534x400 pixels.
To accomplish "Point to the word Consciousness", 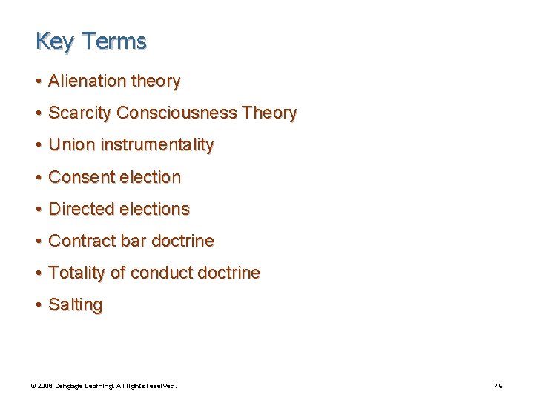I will pyautogui.click(x=177, y=113).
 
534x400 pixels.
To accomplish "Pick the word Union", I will pyautogui.click(x=71, y=145).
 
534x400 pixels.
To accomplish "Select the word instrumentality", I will pyautogui.click(x=157, y=145).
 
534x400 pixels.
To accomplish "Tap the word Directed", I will pyautogui.click(x=82, y=209).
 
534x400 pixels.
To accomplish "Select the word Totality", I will pyautogui.click(x=76, y=273).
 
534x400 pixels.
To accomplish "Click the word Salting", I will pyautogui.click(x=75, y=305).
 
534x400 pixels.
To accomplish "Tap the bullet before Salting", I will pyautogui.click(x=38, y=305).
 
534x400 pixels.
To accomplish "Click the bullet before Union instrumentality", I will pyautogui.click(x=38, y=145).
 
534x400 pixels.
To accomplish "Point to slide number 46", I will pyautogui.click(x=498, y=386).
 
